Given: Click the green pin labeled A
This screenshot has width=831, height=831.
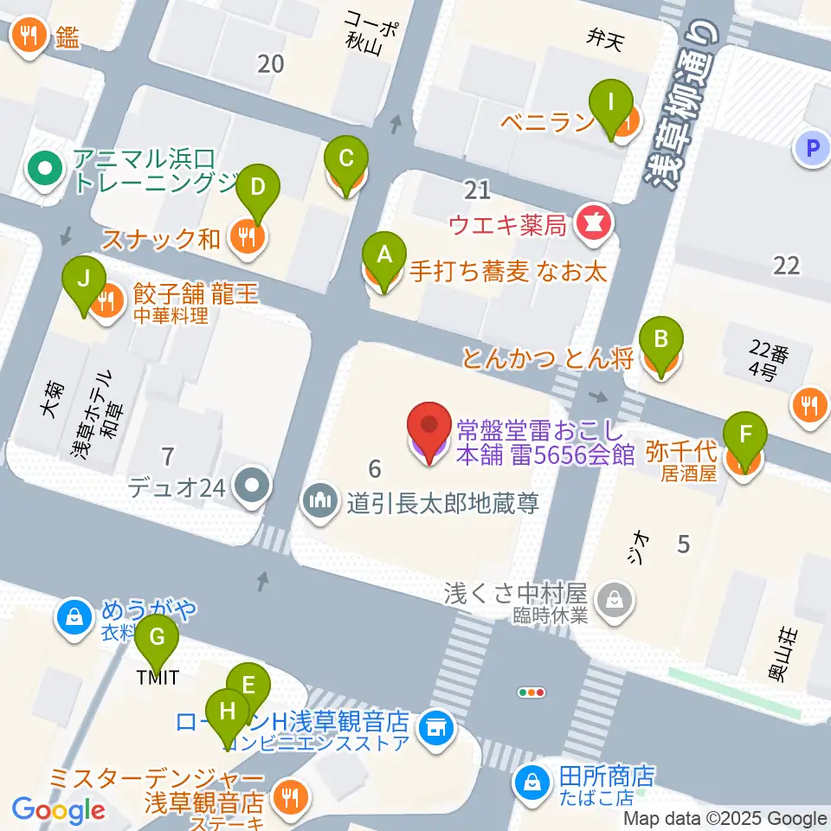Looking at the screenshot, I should point(383,256).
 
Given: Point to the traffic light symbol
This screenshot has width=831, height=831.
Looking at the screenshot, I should point(531,692).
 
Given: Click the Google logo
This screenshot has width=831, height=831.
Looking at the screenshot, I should point(58,811).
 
